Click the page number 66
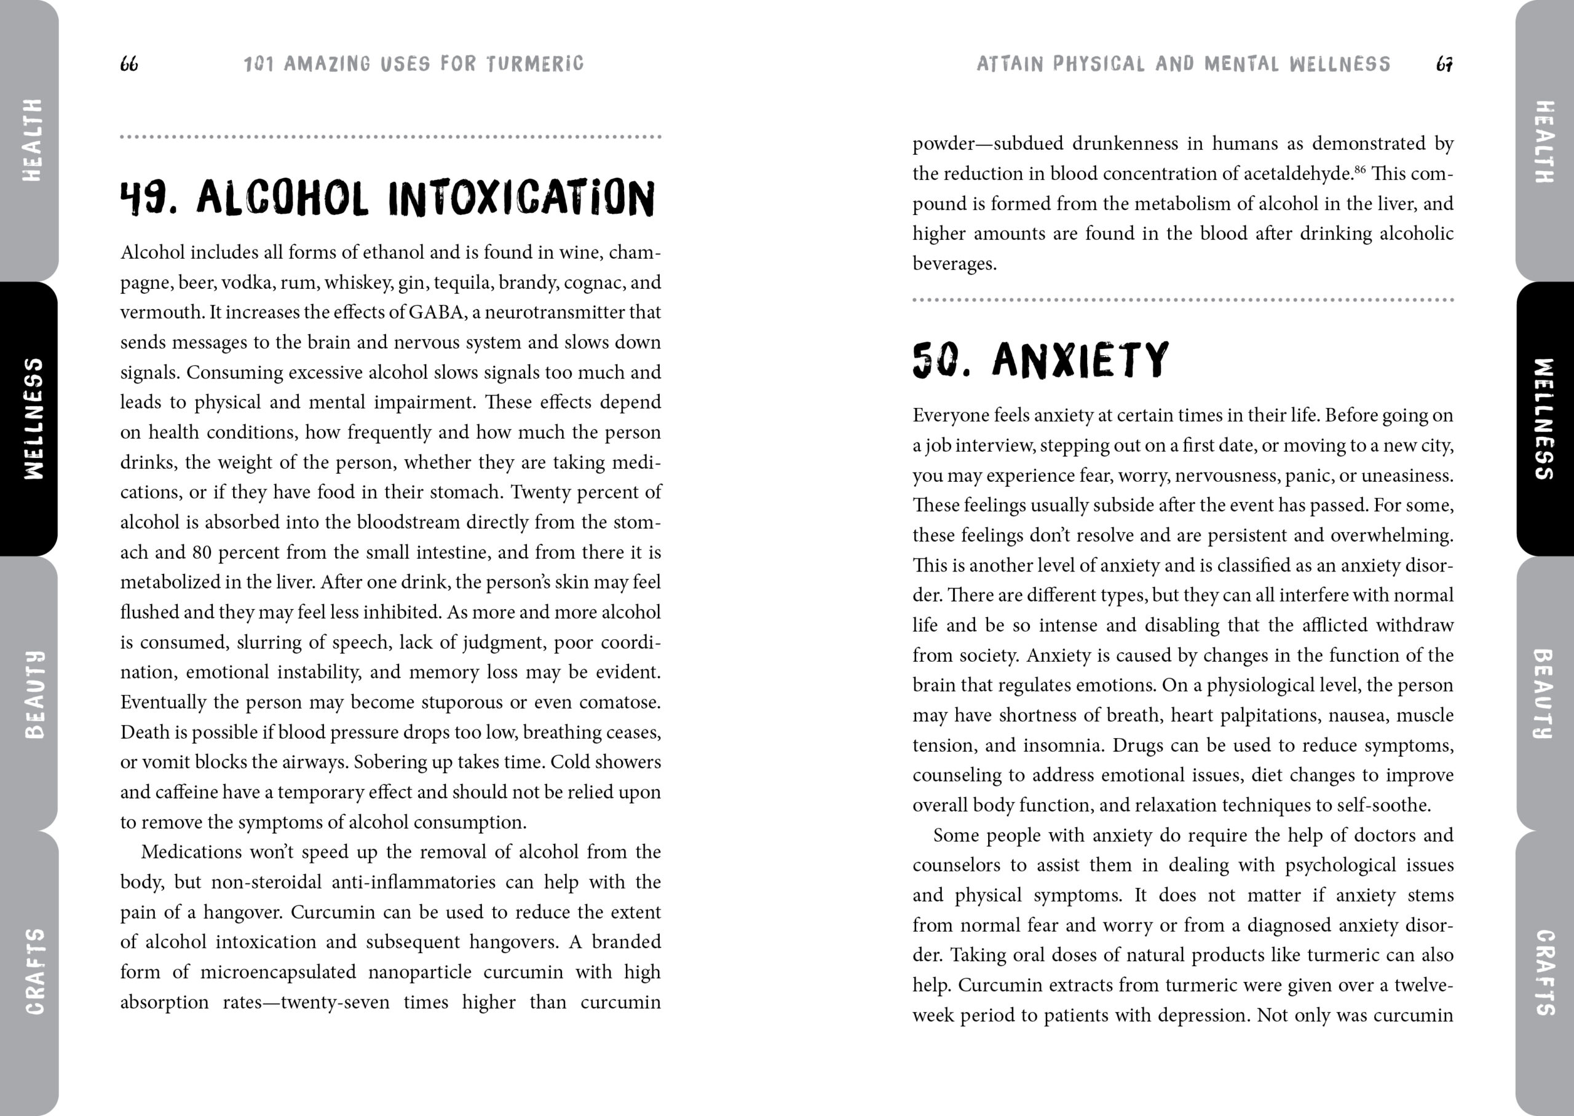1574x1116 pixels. pyautogui.click(x=129, y=64)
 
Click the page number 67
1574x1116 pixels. pyautogui.click(x=1444, y=65)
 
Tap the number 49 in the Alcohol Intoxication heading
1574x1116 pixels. pyautogui.click(x=148, y=198)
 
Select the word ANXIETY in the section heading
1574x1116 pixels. pyautogui.click(x=1080, y=360)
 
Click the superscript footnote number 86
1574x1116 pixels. pyautogui.click(x=1359, y=168)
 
